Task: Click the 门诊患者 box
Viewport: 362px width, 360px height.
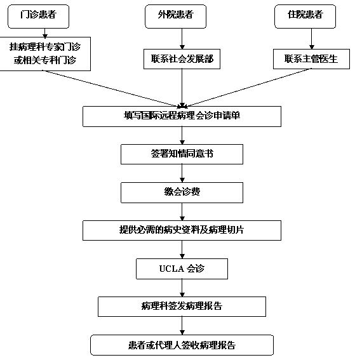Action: (38, 17)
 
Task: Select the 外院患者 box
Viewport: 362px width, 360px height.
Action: (175, 17)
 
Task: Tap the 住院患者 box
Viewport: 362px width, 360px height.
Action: (305, 17)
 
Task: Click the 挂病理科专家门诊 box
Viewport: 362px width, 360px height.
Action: (45, 54)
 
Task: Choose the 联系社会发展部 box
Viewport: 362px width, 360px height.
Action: (182, 59)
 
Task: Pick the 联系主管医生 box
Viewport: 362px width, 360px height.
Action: (311, 59)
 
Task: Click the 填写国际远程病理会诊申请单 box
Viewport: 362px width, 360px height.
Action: (182, 116)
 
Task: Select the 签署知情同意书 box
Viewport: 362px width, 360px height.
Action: (182, 154)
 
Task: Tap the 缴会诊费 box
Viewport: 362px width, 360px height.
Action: (182, 192)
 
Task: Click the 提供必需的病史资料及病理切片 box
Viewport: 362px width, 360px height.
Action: (182, 230)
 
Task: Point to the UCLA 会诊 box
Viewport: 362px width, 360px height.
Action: (182, 269)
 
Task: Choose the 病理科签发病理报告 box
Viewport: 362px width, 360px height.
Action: (182, 307)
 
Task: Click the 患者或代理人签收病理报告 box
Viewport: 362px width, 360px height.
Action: (182, 345)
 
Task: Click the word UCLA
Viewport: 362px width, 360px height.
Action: (171, 269)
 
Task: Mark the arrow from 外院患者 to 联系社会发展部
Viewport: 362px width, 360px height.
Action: (182, 39)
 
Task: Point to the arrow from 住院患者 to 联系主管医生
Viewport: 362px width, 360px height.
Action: (311, 39)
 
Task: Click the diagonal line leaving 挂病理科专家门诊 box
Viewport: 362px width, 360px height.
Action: (112, 89)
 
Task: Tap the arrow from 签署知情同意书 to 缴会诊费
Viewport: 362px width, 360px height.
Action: (182, 173)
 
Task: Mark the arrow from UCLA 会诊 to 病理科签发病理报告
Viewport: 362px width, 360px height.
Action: (182, 288)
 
